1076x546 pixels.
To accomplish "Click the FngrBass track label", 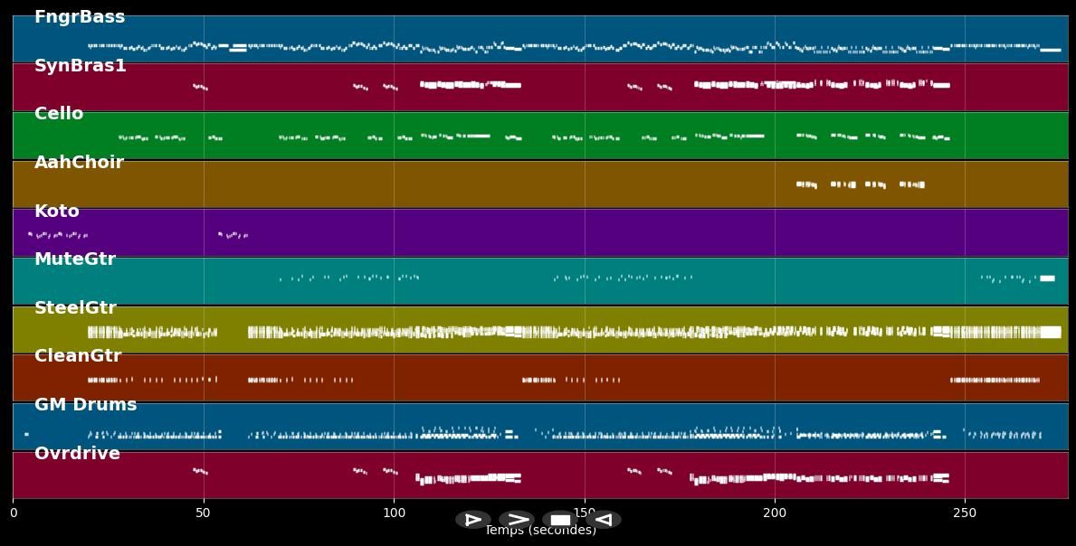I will click(80, 17).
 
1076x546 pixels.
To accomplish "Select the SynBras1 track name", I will click(80, 66).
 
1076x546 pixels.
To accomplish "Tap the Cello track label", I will click(59, 114).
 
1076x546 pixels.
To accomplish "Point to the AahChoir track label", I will click(79, 163).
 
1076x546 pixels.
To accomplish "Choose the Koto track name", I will click(57, 212).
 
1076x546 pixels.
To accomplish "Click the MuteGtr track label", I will click(75, 259).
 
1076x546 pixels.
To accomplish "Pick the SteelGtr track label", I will click(75, 308).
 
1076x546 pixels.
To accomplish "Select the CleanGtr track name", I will click(78, 356).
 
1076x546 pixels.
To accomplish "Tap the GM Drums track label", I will click(85, 405).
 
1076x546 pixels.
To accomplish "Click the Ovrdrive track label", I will click(77, 454).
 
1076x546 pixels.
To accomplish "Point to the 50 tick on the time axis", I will click(204, 513).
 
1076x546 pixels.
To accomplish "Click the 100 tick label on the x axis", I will click(394, 513).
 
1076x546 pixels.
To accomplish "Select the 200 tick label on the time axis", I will click(775, 513).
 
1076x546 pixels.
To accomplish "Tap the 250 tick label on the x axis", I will click(965, 513).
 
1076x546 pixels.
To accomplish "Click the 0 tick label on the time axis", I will click(13, 513).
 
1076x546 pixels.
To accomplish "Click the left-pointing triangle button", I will click(604, 520).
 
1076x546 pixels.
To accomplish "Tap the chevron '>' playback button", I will click(517, 520).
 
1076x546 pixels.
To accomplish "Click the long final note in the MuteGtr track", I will click(1047, 278).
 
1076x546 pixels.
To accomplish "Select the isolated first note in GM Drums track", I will click(26, 435).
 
